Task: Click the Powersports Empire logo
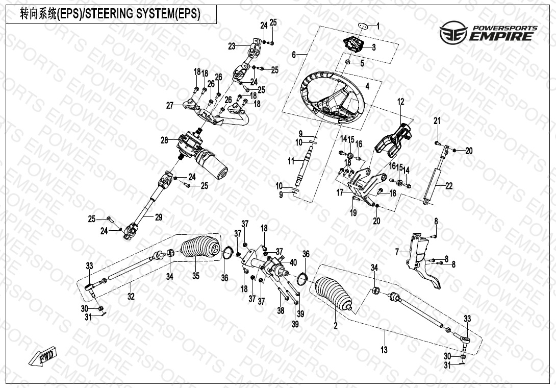tap(488, 33)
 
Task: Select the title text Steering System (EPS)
tap(110, 15)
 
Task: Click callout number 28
tap(164, 140)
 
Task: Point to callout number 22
tap(449, 186)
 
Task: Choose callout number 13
tap(384, 350)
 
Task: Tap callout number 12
tap(400, 102)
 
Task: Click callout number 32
tap(131, 297)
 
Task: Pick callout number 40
tap(293, 262)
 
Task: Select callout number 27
tap(170, 106)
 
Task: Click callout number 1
tap(378, 25)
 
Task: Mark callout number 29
tap(159, 217)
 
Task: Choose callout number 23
tap(232, 46)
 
